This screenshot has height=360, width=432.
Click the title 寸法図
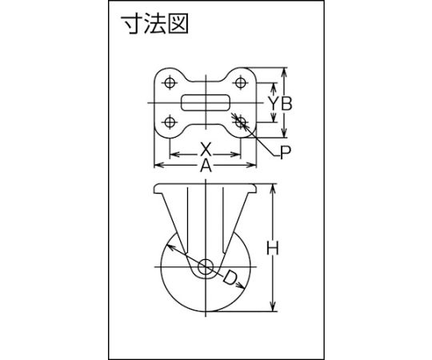click(156, 24)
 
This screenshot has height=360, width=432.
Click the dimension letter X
click(206, 150)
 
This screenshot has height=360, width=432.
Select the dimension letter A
click(206, 166)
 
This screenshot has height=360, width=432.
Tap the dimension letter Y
click(273, 104)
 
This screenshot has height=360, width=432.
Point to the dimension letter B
click(287, 104)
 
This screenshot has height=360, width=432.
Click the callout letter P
click(286, 153)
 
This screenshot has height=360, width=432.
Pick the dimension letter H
click(273, 248)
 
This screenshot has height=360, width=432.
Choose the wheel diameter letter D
click(230, 278)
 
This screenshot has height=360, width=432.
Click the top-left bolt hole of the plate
click(170, 82)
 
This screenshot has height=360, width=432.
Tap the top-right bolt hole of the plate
click(241, 82)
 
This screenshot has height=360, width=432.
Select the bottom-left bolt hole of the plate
click(170, 122)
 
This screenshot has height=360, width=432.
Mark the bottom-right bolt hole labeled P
click(241, 122)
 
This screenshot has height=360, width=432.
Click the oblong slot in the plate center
click(206, 103)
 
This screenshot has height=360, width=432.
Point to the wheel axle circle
click(206, 266)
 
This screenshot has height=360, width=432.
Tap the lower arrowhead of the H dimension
click(273, 307)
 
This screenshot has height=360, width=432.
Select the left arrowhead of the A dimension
click(159, 166)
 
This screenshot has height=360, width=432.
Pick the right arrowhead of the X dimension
click(236, 154)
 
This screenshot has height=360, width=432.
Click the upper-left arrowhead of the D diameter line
click(172, 248)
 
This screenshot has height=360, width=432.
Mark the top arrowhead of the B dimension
click(285, 72)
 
